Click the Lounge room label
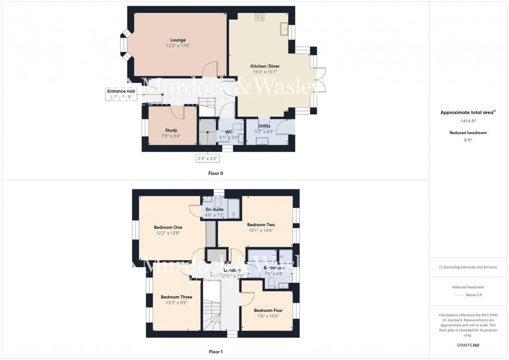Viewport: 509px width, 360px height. tap(178, 40)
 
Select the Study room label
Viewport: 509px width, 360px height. tap(171, 130)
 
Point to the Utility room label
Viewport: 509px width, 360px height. tap(264, 126)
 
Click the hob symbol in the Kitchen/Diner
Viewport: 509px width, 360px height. tap(259, 17)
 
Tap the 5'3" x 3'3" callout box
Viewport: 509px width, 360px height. tap(207, 158)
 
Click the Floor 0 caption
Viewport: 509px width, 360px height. tap(216, 173)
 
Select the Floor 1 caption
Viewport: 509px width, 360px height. tap(216, 352)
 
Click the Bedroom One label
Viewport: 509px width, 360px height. tap(168, 227)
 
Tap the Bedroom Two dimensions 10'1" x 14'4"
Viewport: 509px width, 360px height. tap(261, 230)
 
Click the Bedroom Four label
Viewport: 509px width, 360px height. tap(268, 310)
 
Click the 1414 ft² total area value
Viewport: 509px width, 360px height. tap(468, 121)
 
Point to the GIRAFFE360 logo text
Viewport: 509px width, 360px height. tap(468, 345)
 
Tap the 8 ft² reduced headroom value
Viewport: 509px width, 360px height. tap(468, 139)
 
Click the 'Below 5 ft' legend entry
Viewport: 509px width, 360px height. tap(474, 295)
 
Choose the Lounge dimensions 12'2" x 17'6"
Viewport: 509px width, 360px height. tap(178, 46)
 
